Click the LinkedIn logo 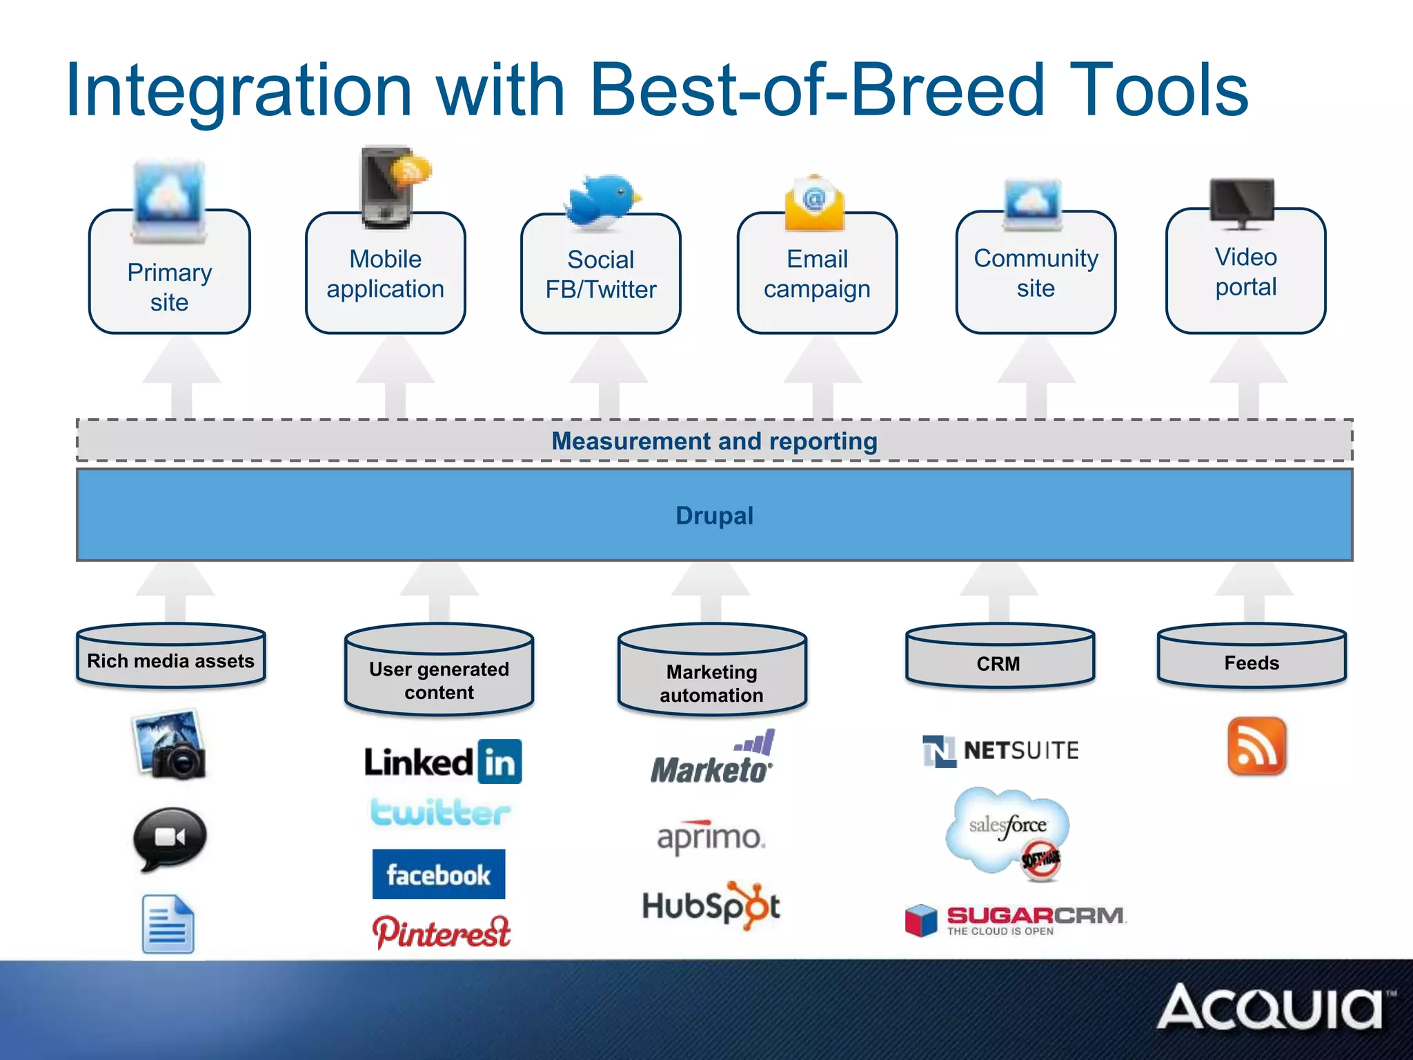click(x=442, y=762)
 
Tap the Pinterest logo click(x=442, y=932)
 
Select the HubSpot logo click(x=711, y=905)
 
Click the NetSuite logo click(x=1000, y=750)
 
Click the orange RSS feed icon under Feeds click(x=1256, y=746)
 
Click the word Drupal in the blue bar click(x=714, y=516)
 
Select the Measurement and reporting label click(x=714, y=441)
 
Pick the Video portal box click(x=1245, y=272)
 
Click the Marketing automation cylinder click(x=712, y=673)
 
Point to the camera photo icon click(x=170, y=745)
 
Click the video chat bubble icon click(x=170, y=838)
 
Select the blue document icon click(x=168, y=925)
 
